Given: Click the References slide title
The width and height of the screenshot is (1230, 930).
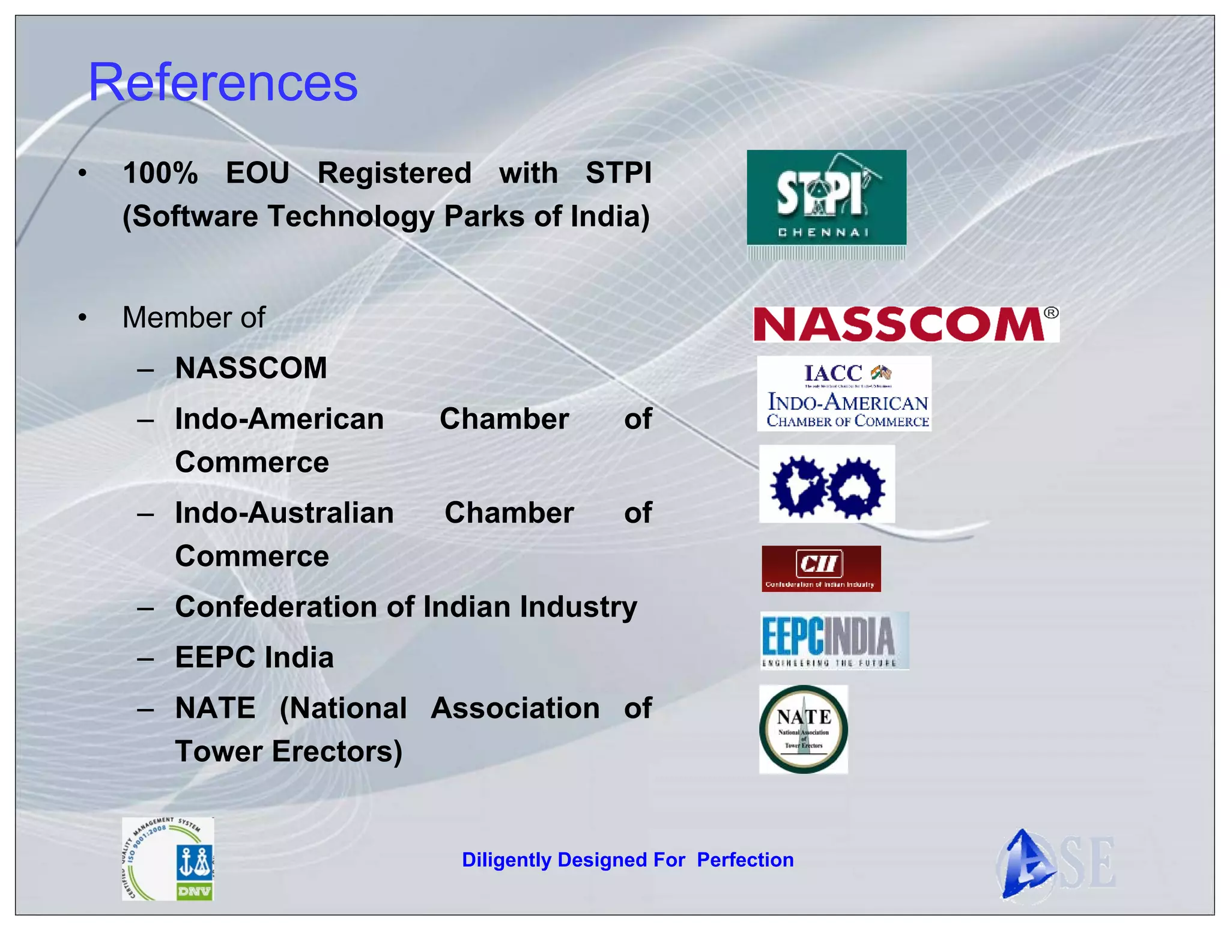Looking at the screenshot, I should (x=223, y=82).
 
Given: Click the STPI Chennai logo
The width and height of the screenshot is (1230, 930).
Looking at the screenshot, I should (x=826, y=198).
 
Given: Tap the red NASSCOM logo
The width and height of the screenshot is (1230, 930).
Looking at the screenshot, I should (x=906, y=324).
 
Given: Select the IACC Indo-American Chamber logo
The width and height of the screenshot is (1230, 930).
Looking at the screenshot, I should (x=844, y=394).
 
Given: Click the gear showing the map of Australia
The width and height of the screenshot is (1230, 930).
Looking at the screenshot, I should (x=856, y=487).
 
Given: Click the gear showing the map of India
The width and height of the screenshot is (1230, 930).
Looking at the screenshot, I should (x=799, y=486).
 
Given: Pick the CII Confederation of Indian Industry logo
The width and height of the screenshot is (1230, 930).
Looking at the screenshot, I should (x=820, y=568).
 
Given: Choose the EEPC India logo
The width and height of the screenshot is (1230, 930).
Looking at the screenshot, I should (x=834, y=640).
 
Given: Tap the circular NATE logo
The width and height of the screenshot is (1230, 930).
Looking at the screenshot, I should (x=804, y=729).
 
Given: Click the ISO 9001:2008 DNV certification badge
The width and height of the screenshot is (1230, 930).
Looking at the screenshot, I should (x=168, y=859).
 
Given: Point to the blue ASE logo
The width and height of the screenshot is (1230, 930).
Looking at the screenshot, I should (x=1055, y=864).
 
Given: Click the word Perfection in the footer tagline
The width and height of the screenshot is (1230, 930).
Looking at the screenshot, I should (x=745, y=860).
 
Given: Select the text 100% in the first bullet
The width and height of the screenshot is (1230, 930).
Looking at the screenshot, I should (x=160, y=173).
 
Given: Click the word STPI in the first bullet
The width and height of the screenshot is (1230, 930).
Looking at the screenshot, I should (x=618, y=173).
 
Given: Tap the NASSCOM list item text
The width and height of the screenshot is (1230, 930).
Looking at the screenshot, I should (x=251, y=368).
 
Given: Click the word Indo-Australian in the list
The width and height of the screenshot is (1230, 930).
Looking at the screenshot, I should (x=284, y=512).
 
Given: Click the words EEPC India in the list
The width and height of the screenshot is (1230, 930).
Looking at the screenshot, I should (x=254, y=657).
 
